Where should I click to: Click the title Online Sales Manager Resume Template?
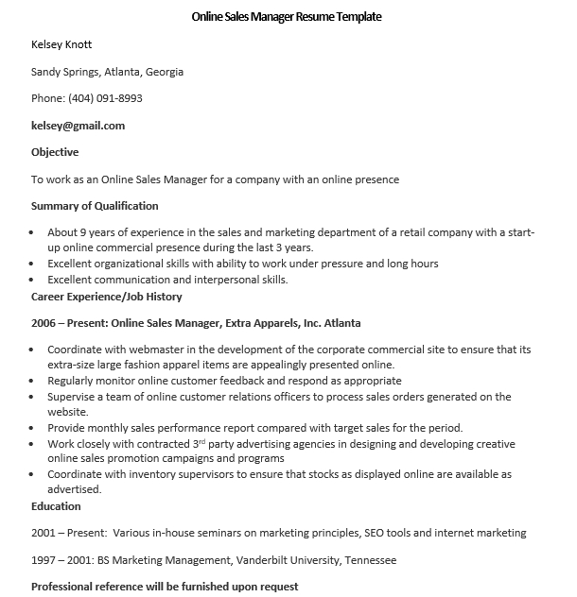pos(288,17)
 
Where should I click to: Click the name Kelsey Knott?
pos(61,44)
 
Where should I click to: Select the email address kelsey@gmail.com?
pos(78,126)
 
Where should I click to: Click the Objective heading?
pos(55,152)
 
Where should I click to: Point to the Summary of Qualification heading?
pos(95,206)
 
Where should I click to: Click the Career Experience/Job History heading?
pos(106,296)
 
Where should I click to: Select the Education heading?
pos(56,506)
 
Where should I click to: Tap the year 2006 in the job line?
pos(44,323)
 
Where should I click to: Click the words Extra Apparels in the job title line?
pos(258,323)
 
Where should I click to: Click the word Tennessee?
pos(365,560)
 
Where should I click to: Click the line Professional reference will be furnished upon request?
pos(165,587)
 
